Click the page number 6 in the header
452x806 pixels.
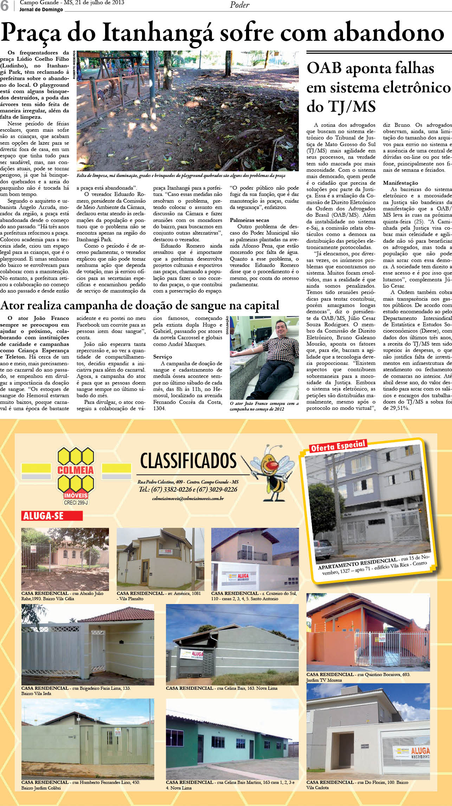click(5, 6)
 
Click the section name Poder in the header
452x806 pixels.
click(240, 5)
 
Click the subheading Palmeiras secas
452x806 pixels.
click(249, 220)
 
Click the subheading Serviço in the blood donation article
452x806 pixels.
click(162, 357)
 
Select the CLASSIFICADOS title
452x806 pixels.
click(188, 461)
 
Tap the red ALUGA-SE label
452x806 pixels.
click(52, 516)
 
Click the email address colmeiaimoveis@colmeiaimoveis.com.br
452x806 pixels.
click(188, 498)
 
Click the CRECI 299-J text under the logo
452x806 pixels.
click(76, 503)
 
